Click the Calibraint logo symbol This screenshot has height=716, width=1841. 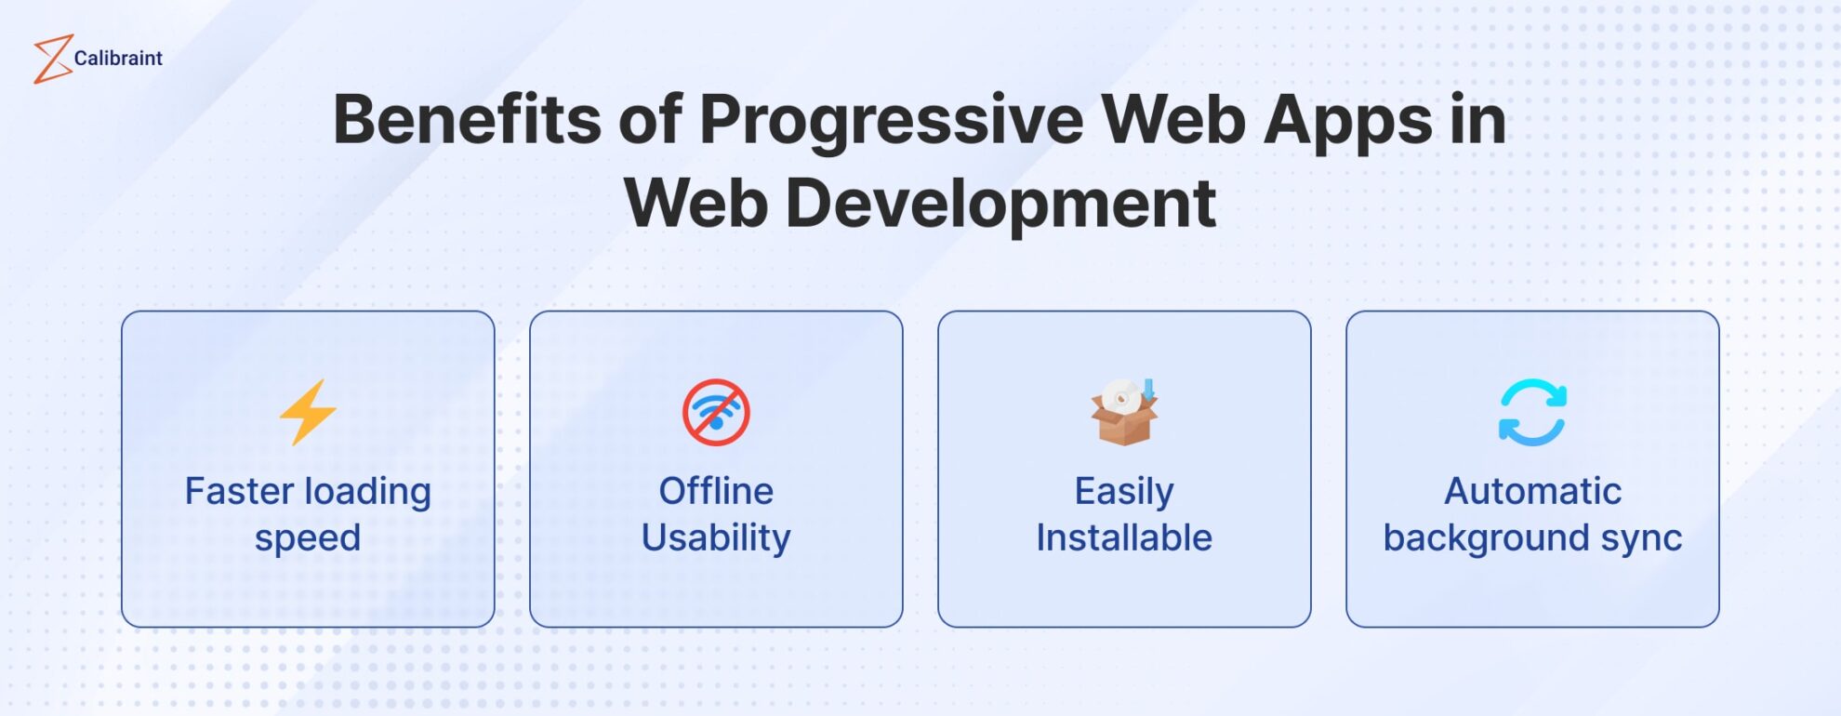tap(52, 59)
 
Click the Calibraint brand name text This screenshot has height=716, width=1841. tap(118, 59)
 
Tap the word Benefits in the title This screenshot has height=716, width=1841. tap(467, 121)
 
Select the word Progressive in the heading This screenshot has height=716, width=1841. tap(891, 121)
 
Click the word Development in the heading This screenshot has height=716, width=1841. tap(1000, 204)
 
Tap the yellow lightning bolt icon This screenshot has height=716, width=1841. tap(308, 412)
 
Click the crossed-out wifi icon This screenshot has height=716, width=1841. tap(716, 412)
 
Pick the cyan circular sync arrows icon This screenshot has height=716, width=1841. tap(1532, 412)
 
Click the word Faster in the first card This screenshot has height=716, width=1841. tap(239, 491)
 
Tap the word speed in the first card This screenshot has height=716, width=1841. tap(308, 538)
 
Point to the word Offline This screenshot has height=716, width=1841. tap(716, 491)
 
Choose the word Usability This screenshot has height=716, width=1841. tap(716, 537)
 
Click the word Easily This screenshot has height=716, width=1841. tap(1123, 491)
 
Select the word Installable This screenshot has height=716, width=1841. tap(1123, 537)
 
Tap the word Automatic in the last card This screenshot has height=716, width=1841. tap(1532, 491)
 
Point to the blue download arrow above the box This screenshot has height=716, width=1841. tap(1148, 389)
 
